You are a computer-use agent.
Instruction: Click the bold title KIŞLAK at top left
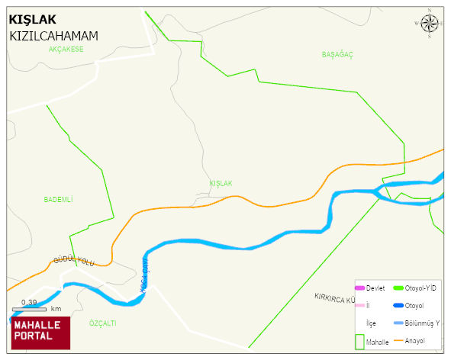point(34,20)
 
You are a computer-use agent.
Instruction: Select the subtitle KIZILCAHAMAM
point(53,36)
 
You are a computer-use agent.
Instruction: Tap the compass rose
point(430,24)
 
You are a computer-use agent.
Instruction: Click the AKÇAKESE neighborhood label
point(65,49)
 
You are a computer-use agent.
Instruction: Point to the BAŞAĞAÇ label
point(337,55)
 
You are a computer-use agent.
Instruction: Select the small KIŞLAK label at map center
point(221,184)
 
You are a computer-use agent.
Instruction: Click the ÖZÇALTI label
point(102,323)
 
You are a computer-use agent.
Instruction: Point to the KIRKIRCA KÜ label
point(336,297)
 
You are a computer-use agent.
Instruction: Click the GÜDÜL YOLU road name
point(73,261)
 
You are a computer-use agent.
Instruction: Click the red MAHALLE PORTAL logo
point(40,332)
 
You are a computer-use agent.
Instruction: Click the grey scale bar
point(29,308)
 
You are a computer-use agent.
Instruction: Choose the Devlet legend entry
point(375,288)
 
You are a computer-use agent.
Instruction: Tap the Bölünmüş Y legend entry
point(422,323)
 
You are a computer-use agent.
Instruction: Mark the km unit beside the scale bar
point(56,309)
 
